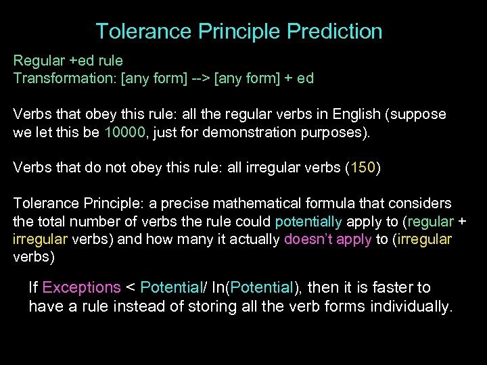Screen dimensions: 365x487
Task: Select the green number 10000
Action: [x=125, y=132]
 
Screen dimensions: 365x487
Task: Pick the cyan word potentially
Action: [x=308, y=221]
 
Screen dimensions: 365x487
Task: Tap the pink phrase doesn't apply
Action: [x=328, y=239]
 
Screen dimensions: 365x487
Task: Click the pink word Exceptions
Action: [x=81, y=288]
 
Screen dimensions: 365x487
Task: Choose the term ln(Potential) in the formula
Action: [x=254, y=288]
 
